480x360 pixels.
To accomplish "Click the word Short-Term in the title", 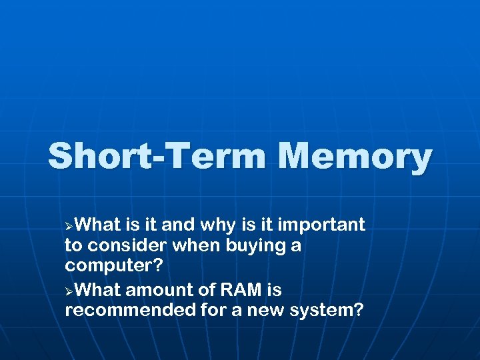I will tap(158, 157).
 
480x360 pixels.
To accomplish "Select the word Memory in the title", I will tap(355, 157).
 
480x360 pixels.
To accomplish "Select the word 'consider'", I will tap(126, 246).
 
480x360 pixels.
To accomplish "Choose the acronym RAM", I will tap(239, 291).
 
